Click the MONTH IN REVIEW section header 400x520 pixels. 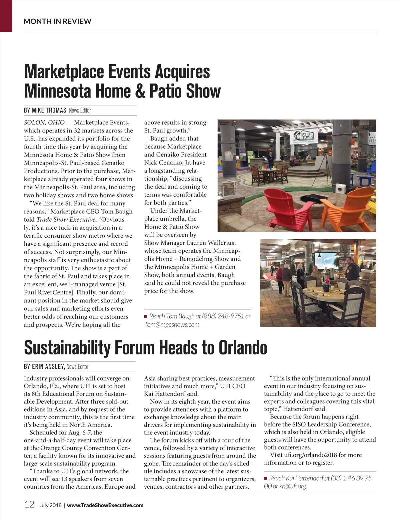click(x=57, y=21)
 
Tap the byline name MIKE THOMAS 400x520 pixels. click(x=50, y=110)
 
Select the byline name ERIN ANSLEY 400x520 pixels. click(x=48, y=366)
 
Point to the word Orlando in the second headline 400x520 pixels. click(x=243, y=348)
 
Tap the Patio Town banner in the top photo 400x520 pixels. click(x=304, y=137)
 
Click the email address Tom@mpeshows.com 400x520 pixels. click(x=172, y=324)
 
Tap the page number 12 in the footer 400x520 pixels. click(x=29, y=504)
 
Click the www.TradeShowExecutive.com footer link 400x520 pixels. click(x=105, y=505)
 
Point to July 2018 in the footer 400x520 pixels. click(x=50, y=505)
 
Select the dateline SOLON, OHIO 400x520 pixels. click(x=44, y=122)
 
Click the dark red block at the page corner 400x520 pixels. click(x=6, y=16)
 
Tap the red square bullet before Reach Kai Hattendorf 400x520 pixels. click(x=266, y=479)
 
